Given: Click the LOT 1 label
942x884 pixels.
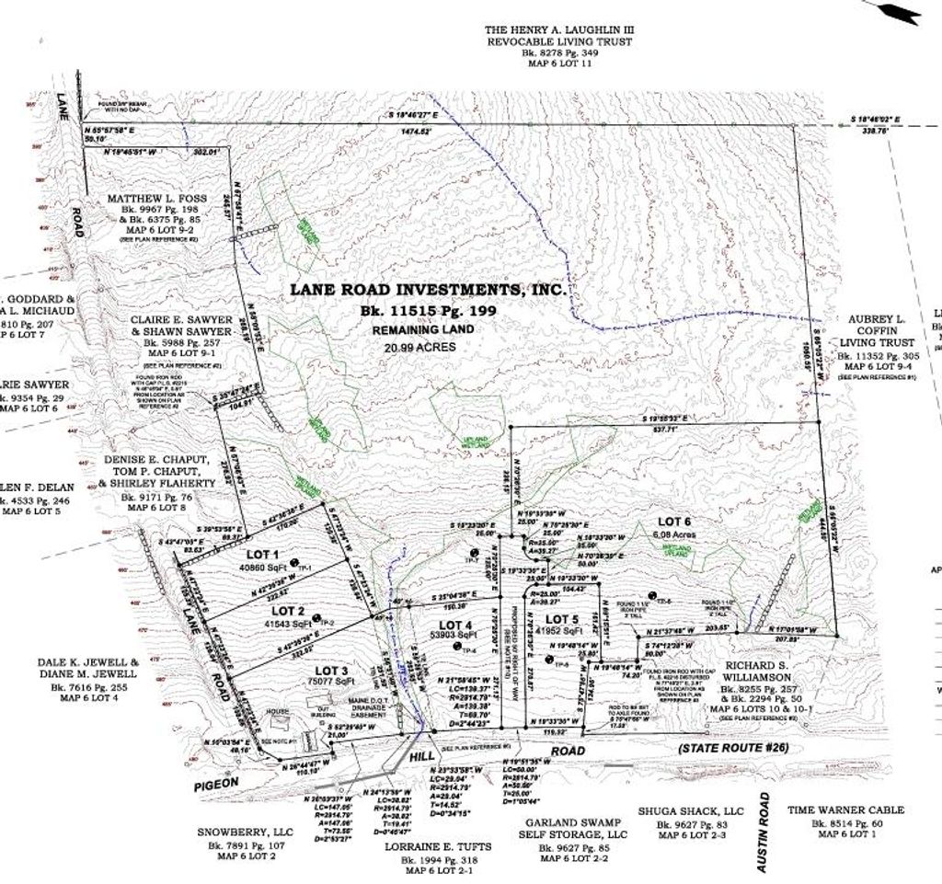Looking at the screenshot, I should click(x=262, y=555).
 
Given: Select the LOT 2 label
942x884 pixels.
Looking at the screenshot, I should click(x=288, y=611).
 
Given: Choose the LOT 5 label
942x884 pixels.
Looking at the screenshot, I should click(x=561, y=619).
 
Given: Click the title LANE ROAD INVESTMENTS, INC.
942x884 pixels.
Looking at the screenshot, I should click(x=428, y=289).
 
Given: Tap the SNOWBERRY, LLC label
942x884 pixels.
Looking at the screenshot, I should click(x=246, y=832).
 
